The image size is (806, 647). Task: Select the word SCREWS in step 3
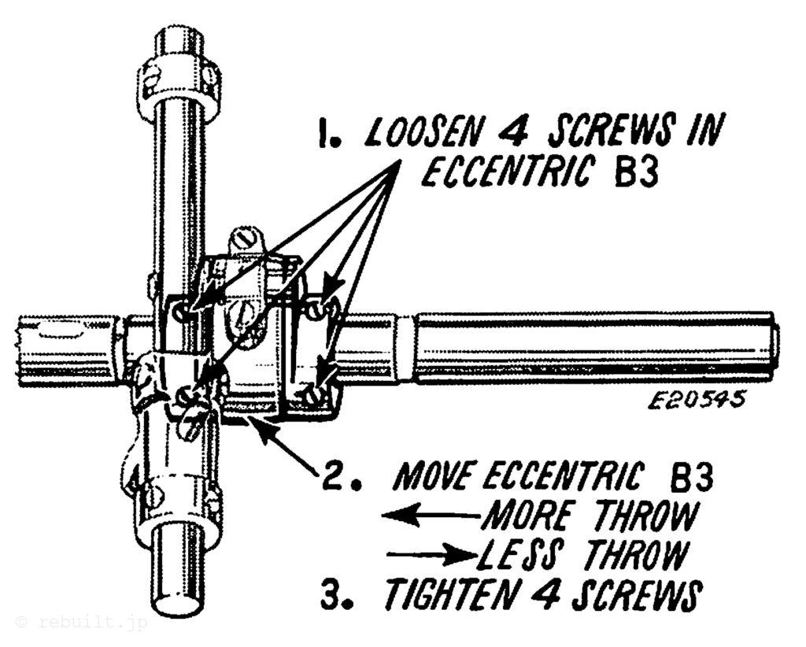tap(630, 596)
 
